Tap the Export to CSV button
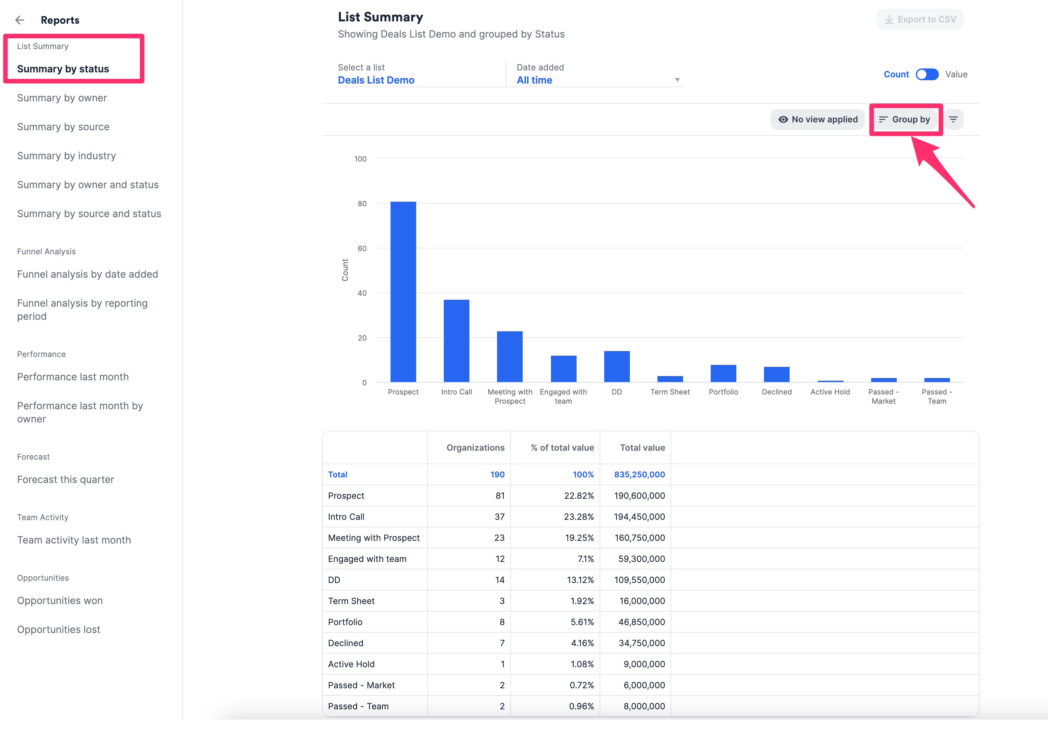click(920, 20)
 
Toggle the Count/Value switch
click(927, 74)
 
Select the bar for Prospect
click(403, 292)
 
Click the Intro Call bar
click(457, 341)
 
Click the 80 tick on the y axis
click(362, 204)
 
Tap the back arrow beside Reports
click(20, 20)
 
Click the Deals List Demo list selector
click(376, 80)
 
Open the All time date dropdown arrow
click(677, 80)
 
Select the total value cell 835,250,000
click(639, 474)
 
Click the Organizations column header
click(475, 447)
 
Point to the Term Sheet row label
click(351, 601)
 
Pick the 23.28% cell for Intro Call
click(579, 517)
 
